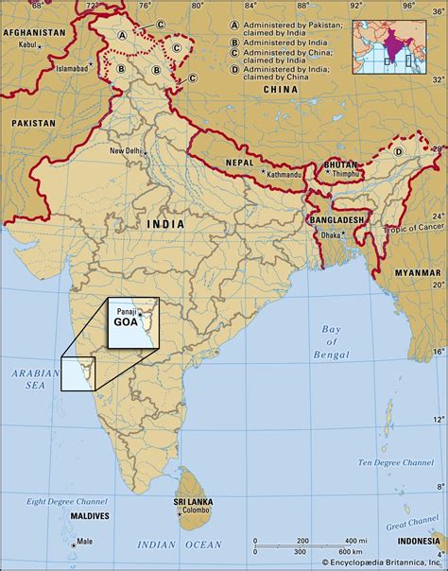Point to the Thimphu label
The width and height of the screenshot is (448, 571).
[x=341, y=174]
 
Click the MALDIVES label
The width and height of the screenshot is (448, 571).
[x=90, y=516]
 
